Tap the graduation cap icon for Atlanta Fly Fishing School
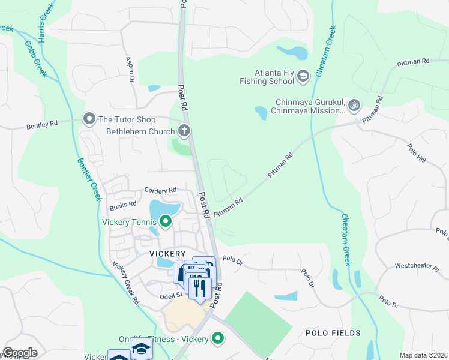pos(303,75)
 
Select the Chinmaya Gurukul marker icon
pos(354,105)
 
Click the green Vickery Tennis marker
pos(164,223)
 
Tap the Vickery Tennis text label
pos(128,223)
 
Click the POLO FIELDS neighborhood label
pos(333,332)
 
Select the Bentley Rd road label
pos(41,125)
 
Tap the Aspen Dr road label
pos(130,68)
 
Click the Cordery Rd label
pos(160,190)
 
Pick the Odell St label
pos(170,295)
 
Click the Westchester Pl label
pos(417,266)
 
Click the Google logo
pos(20,353)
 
